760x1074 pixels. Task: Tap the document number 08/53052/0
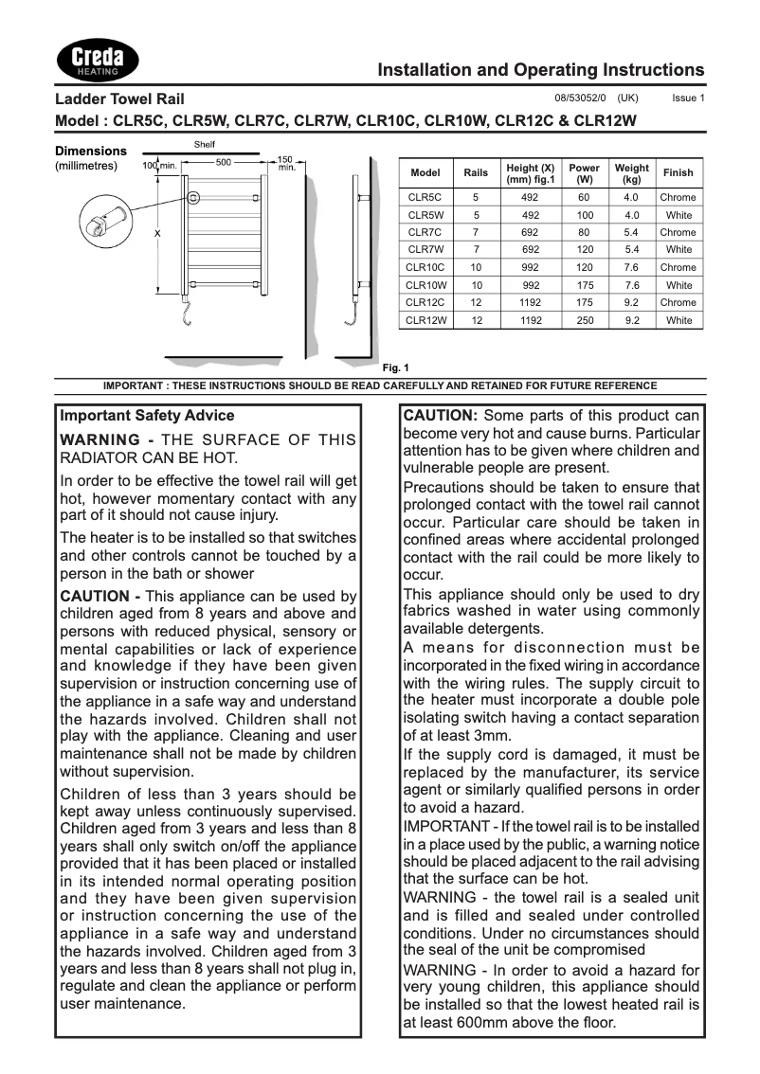pos(580,98)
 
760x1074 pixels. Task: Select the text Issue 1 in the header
pos(688,98)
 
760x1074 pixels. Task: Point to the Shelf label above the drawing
pos(204,143)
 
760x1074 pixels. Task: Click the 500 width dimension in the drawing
pos(224,162)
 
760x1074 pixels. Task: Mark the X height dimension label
pos(157,232)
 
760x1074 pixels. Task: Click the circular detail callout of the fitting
pos(95,224)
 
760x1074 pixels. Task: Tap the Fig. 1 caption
pos(394,367)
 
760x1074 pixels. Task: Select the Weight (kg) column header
pos(631,173)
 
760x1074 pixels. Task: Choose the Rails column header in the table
pos(476,173)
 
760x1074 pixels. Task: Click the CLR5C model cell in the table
pos(425,197)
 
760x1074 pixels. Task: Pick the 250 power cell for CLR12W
pos(584,320)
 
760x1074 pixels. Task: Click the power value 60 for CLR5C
pos(584,197)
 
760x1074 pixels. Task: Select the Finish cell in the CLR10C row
pos(678,267)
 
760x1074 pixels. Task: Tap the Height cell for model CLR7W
pos(531,250)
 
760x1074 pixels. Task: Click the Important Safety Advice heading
pos(147,416)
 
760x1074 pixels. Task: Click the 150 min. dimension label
pos(285,163)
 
